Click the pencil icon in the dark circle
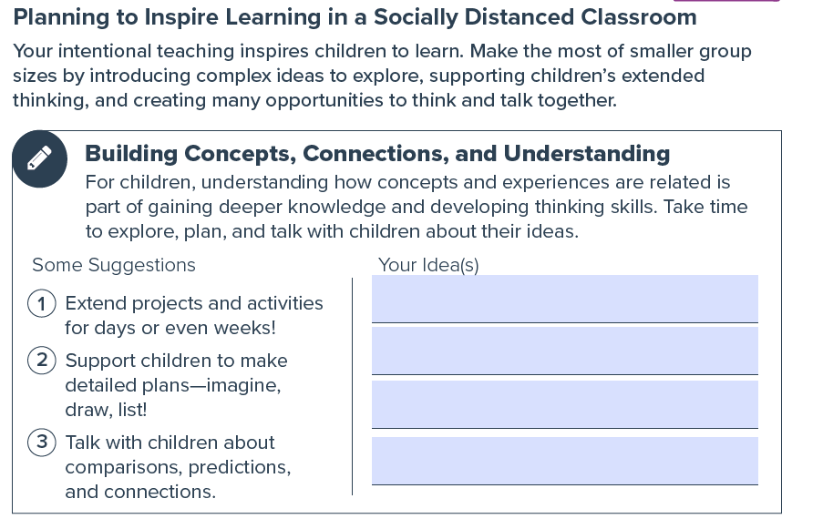point(39,158)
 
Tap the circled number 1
point(41,303)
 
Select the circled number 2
point(41,361)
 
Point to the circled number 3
point(41,443)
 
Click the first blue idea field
point(565,299)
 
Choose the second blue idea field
point(565,351)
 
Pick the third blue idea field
point(565,404)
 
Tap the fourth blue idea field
point(565,461)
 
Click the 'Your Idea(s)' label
point(428,265)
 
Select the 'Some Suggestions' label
point(114,265)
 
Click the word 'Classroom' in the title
point(638,17)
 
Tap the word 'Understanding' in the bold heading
point(586,154)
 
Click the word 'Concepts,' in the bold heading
point(240,154)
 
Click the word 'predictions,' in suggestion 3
point(240,467)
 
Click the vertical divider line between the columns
point(352,386)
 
